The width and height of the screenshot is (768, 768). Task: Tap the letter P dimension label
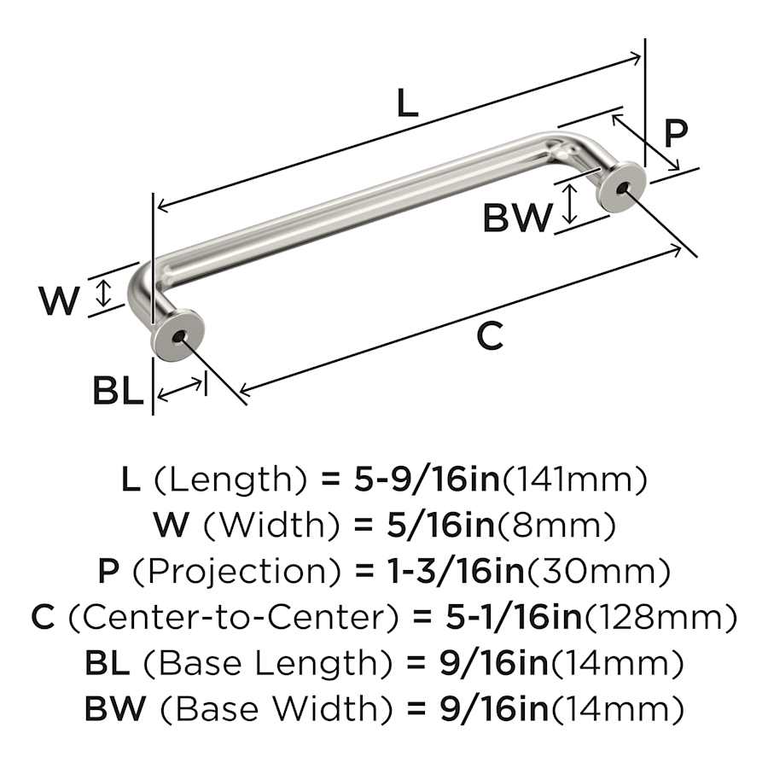coord(675,134)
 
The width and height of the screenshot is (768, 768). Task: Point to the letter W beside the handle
coord(59,300)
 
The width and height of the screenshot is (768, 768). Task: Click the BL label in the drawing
coord(117,392)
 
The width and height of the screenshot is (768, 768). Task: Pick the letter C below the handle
coord(489,337)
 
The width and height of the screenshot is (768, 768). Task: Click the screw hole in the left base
coord(177,337)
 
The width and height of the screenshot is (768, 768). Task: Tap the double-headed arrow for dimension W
coord(104,293)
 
